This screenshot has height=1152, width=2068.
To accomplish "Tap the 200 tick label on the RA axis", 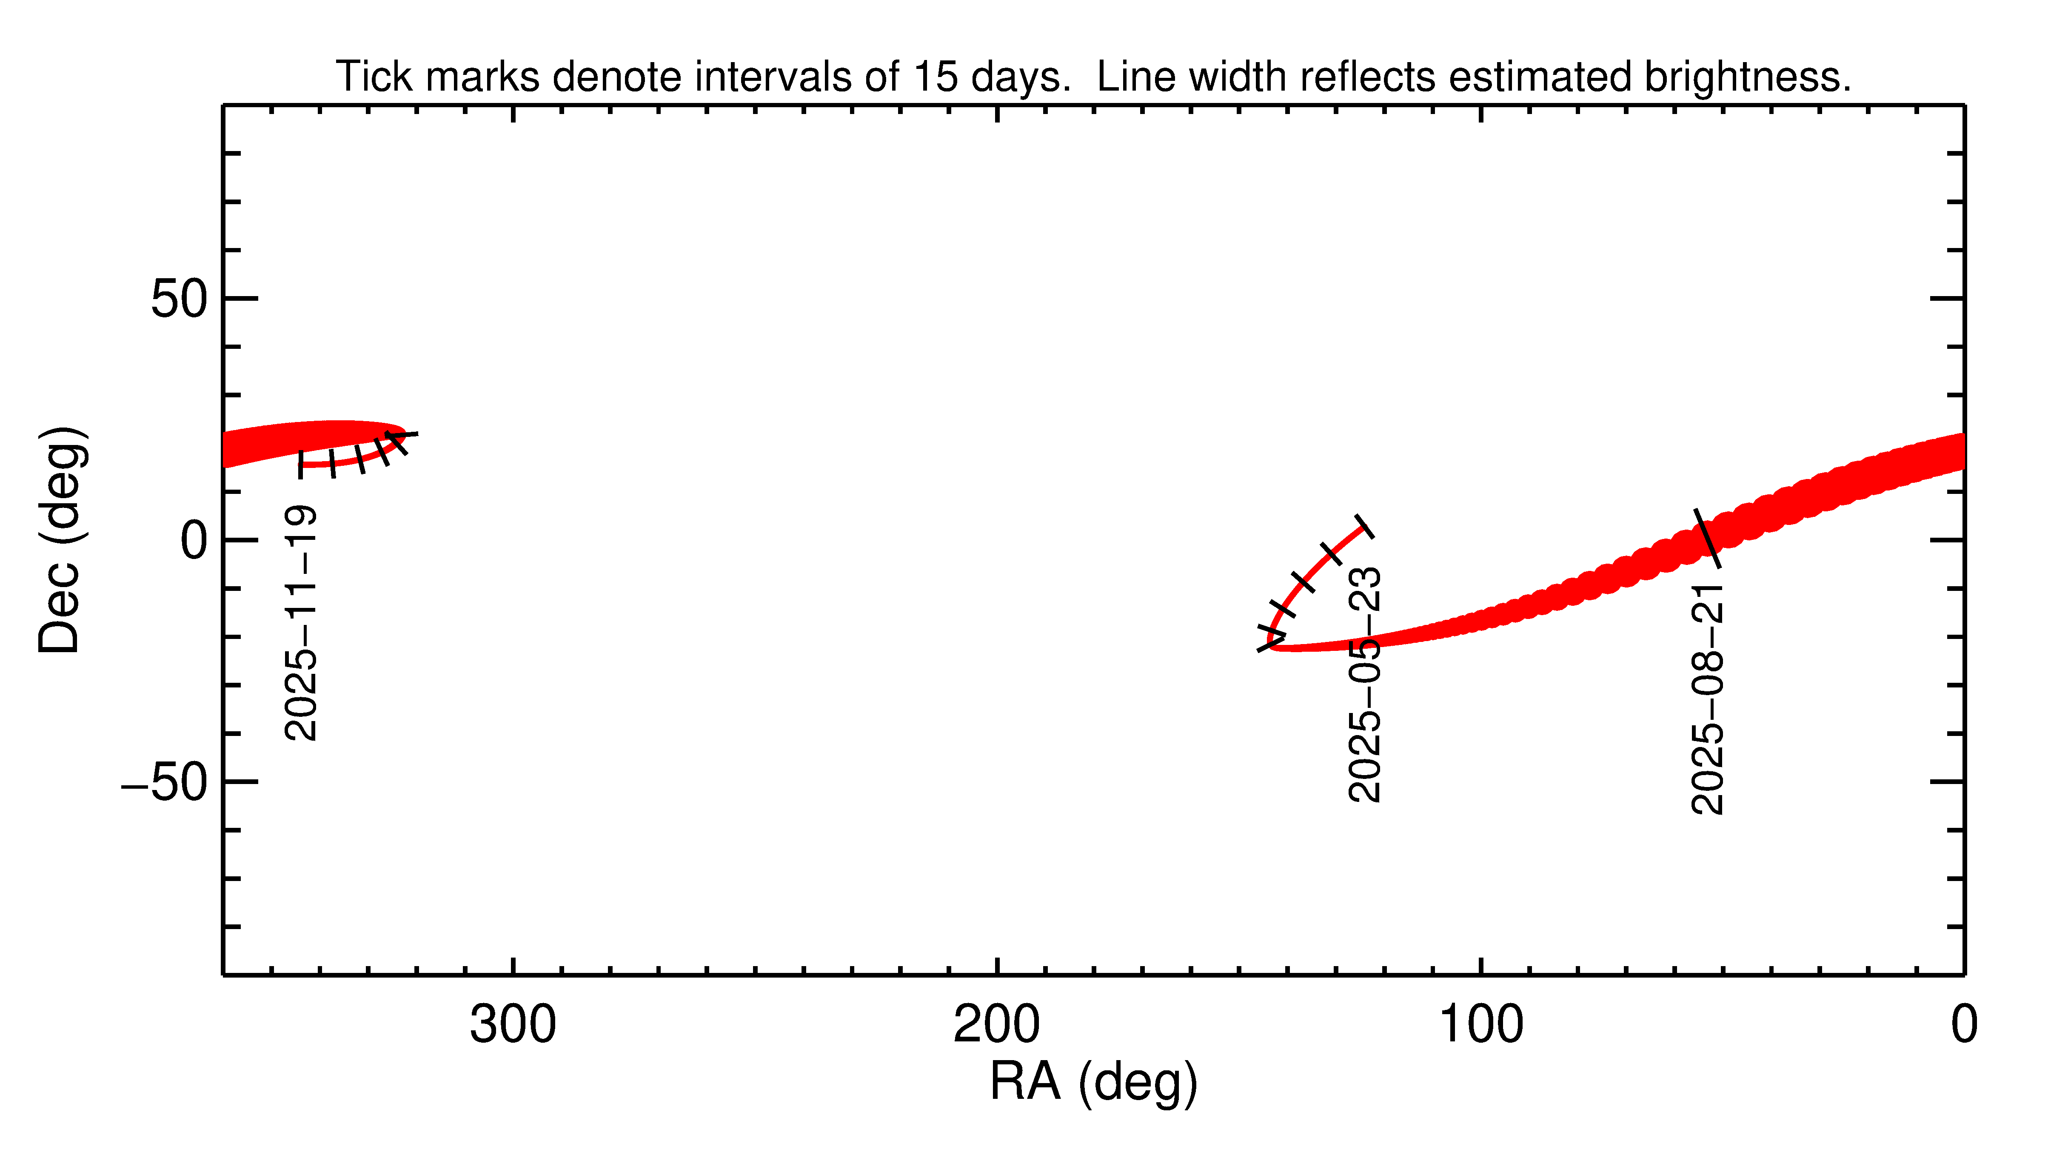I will pos(996,1025).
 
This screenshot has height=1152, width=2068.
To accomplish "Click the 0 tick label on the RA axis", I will pos(1964,1025).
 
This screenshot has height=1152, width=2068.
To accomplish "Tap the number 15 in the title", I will pos(935,77).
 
